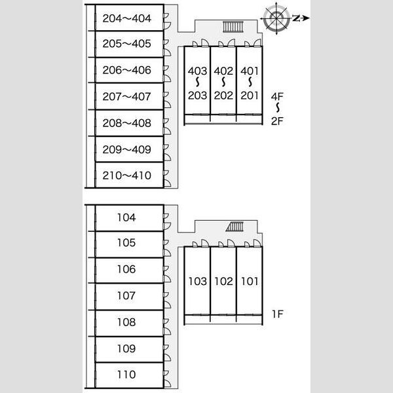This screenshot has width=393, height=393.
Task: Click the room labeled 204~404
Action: point(129,18)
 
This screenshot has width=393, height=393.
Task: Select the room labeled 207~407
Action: point(129,96)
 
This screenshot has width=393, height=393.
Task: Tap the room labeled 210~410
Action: point(129,175)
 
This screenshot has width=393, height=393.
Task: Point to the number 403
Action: point(198,71)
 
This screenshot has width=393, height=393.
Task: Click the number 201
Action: point(250,96)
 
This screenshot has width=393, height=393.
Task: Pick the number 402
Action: point(223,71)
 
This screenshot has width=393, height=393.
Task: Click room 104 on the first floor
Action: point(129,218)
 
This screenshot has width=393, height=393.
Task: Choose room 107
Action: point(129,297)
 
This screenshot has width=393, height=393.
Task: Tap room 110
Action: point(129,375)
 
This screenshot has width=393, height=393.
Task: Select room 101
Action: point(250,281)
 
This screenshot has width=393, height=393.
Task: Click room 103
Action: point(198,281)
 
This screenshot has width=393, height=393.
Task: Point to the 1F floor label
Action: point(278,314)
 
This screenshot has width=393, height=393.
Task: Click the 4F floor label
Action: point(277,96)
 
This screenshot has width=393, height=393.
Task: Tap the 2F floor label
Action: point(277,121)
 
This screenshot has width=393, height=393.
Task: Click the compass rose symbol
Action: point(276,18)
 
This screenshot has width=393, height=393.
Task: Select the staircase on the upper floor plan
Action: point(233,27)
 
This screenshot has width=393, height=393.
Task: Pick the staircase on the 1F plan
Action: point(234,227)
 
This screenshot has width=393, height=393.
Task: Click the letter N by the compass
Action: point(297,18)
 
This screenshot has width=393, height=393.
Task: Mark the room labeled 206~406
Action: point(129,70)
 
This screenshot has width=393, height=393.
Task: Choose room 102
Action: point(223,281)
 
